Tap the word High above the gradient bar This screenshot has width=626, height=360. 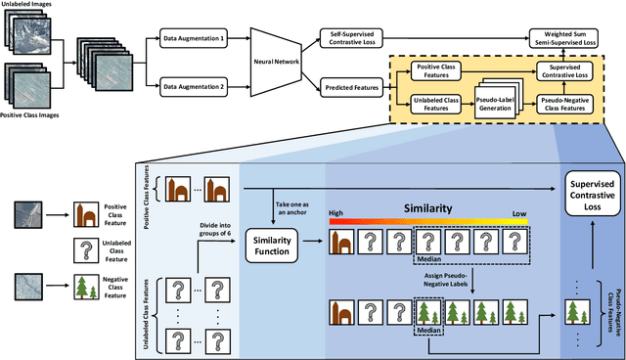[x=336, y=211]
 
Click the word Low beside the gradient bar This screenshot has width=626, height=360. [x=518, y=211]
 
